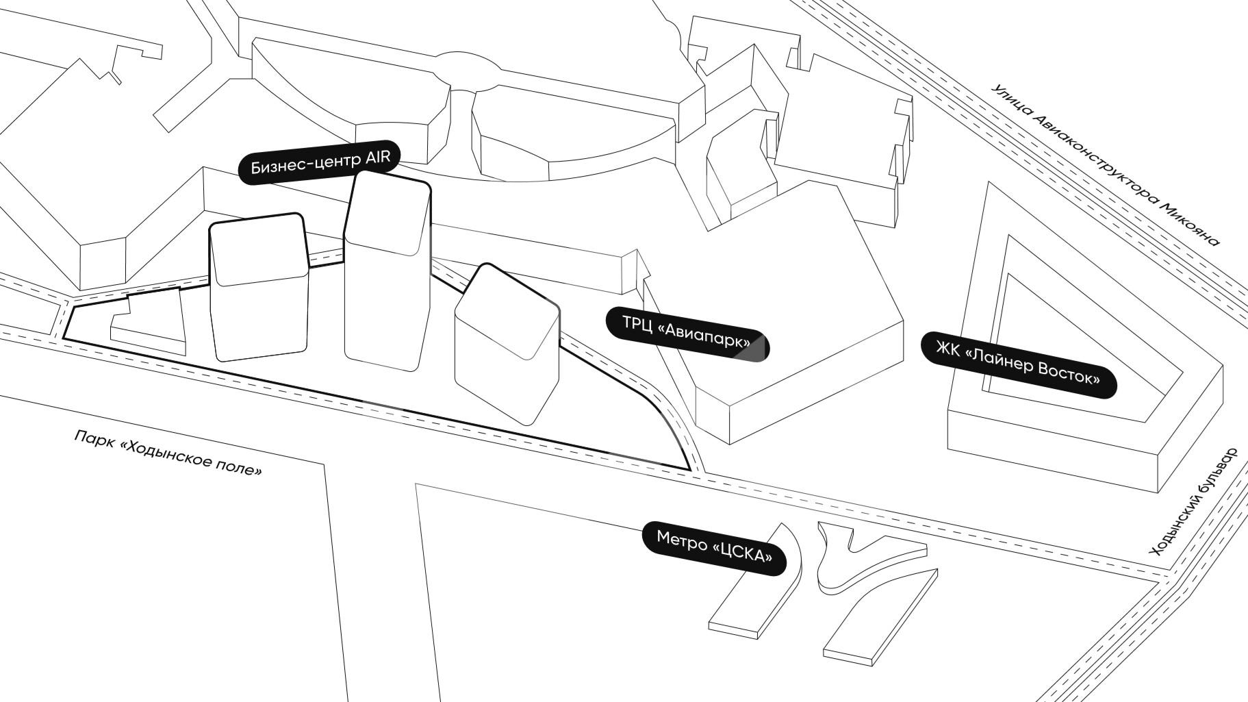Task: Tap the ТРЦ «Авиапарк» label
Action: pyautogui.click(x=687, y=333)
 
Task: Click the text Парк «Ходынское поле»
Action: pyautogui.click(x=168, y=453)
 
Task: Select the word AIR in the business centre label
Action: pyautogui.click(x=377, y=158)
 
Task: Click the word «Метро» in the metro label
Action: pyautogui.click(x=681, y=540)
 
